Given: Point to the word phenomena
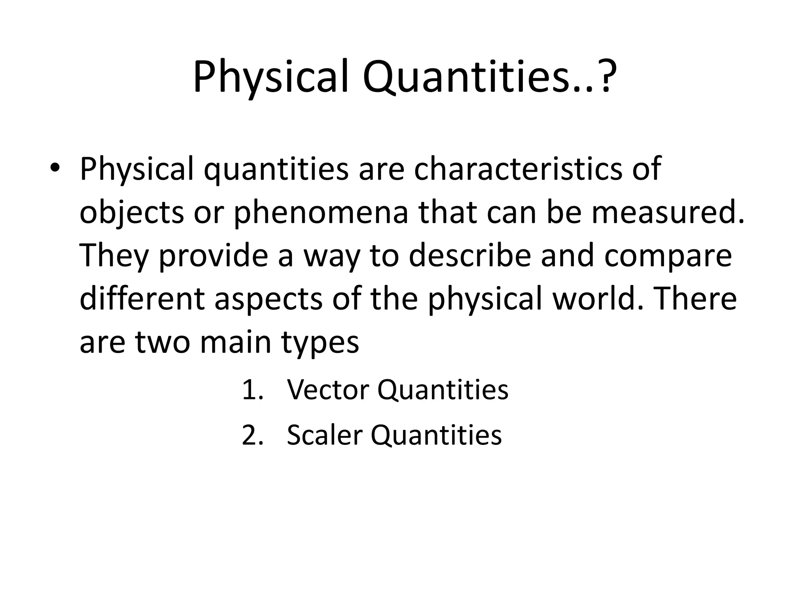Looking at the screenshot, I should [321, 212].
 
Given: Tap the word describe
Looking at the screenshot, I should [469, 255].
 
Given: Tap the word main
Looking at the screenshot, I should [236, 342].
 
